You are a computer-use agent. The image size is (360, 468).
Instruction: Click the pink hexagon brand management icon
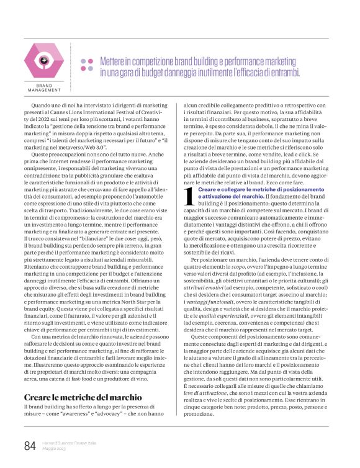tap(44, 60)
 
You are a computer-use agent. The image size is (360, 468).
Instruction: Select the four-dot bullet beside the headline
tap(87, 66)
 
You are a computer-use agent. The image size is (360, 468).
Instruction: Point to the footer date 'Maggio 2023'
tap(55, 450)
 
